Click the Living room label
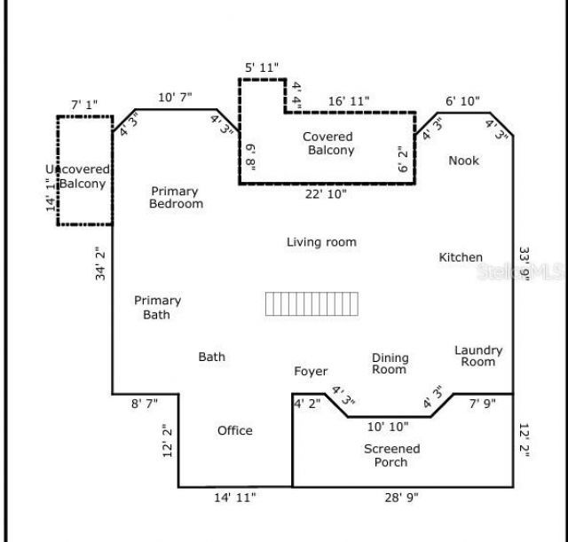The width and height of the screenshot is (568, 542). click(321, 242)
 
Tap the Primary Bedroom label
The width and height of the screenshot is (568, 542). click(175, 198)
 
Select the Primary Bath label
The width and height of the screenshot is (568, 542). click(157, 308)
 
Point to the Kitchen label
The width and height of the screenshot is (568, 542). click(461, 257)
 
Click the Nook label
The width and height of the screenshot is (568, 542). click(463, 161)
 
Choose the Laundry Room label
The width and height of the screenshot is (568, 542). click(478, 356)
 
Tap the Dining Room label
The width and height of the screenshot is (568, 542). click(390, 364)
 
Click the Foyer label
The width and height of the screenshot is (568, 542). click(311, 372)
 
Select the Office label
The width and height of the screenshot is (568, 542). click(235, 431)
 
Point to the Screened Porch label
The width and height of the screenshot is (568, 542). click(391, 455)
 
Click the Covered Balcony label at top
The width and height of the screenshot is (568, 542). click(328, 144)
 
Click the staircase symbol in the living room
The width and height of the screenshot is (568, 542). click(312, 304)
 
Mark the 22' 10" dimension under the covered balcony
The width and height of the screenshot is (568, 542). click(327, 193)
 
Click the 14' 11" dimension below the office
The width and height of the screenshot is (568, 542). click(235, 499)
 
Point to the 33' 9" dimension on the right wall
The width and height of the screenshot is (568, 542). click(524, 263)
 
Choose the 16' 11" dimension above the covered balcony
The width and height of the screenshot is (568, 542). click(347, 101)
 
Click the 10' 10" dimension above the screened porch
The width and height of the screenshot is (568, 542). click(388, 427)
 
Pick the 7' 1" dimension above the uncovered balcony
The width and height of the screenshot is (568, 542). click(86, 105)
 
